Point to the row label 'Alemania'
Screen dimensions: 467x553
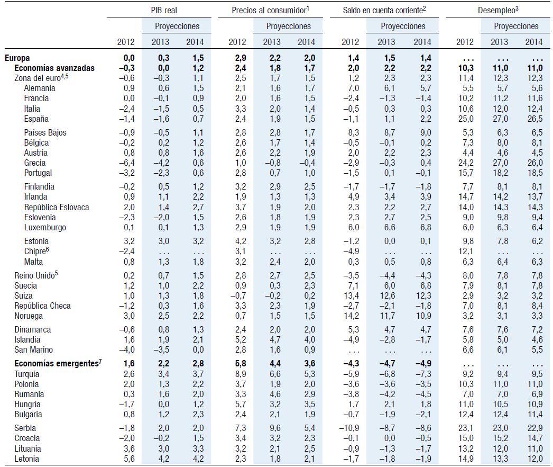point(40,88)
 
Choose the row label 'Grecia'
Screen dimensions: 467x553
point(35,163)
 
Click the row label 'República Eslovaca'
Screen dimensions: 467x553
point(57,208)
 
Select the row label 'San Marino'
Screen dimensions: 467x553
point(34,350)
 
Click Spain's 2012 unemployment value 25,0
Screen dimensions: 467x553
point(465,119)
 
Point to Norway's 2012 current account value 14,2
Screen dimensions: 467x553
point(351,316)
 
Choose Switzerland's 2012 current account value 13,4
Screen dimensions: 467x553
point(351,296)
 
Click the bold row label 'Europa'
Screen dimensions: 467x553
point(17,58)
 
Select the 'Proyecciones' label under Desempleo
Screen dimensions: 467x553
point(516,26)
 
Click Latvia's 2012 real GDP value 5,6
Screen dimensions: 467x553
point(129,459)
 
